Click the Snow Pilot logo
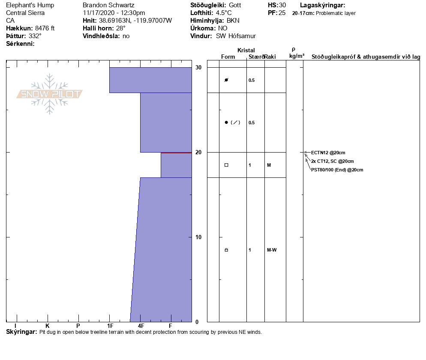click(x=50, y=94)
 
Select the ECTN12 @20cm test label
click(x=328, y=153)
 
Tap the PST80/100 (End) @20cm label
click(x=337, y=170)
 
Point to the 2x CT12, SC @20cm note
click(x=332, y=162)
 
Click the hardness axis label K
click(x=47, y=326)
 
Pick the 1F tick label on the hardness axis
click(x=110, y=326)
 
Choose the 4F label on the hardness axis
click(x=141, y=326)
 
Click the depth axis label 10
click(x=198, y=237)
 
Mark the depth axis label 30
click(x=198, y=68)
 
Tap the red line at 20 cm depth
click(x=176, y=153)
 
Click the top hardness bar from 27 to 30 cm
click(x=150, y=80)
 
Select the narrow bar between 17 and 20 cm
click(x=176, y=165)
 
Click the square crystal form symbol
click(x=226, y=165)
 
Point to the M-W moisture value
click(x=272, y=250)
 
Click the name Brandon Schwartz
click(x=108, y=5)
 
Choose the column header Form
click(x=228, y=57)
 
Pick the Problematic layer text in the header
click(x=336, y=13)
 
